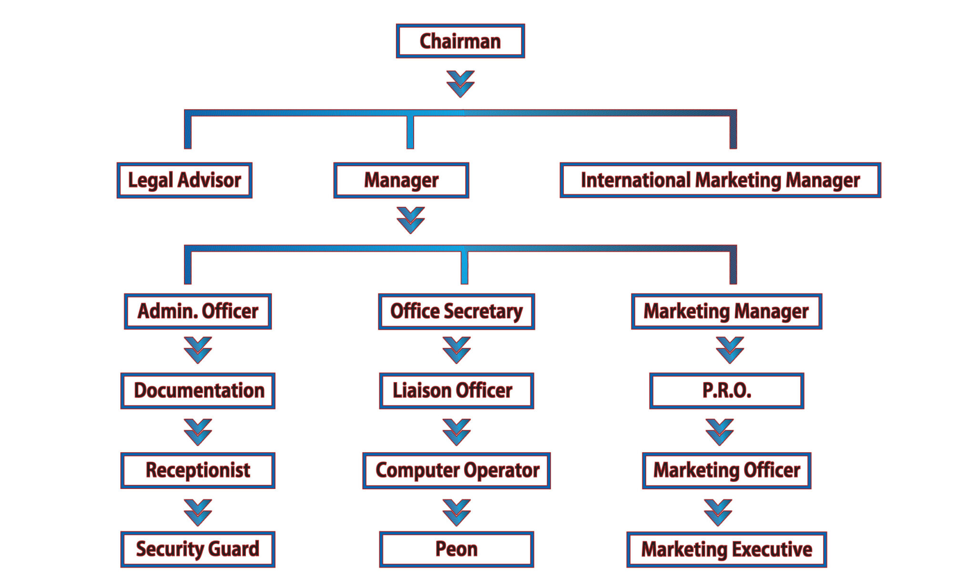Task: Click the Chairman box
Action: click(x=460, y=41)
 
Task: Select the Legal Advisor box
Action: click(x=184, y=180)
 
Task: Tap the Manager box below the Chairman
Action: click(x=401, y=180)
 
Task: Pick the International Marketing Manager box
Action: click(x=720, y=180)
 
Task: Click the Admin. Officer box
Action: click(x=198, y=311)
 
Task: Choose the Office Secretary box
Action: click(x=457, y=311)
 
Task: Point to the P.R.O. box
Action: click(x=726, y=391)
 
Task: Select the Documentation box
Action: click(x=198, y=391)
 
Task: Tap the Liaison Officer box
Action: click(x=457, y=391)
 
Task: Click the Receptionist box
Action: click(x=198, y=470)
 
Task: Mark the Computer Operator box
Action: click(x=457, y=470)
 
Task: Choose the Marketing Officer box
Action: click(x=726, y=470)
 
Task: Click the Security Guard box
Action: click(x=198, y=549)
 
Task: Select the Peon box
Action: click(x=457, y=549)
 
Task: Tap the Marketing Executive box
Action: click(x=726, y=549)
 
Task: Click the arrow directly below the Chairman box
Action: click(x=460, y=84)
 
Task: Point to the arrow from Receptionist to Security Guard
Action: click(x=198, y=512)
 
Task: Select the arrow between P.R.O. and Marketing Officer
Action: click(x=719, y=432)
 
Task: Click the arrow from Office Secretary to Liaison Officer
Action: click(x=457, y=350)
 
